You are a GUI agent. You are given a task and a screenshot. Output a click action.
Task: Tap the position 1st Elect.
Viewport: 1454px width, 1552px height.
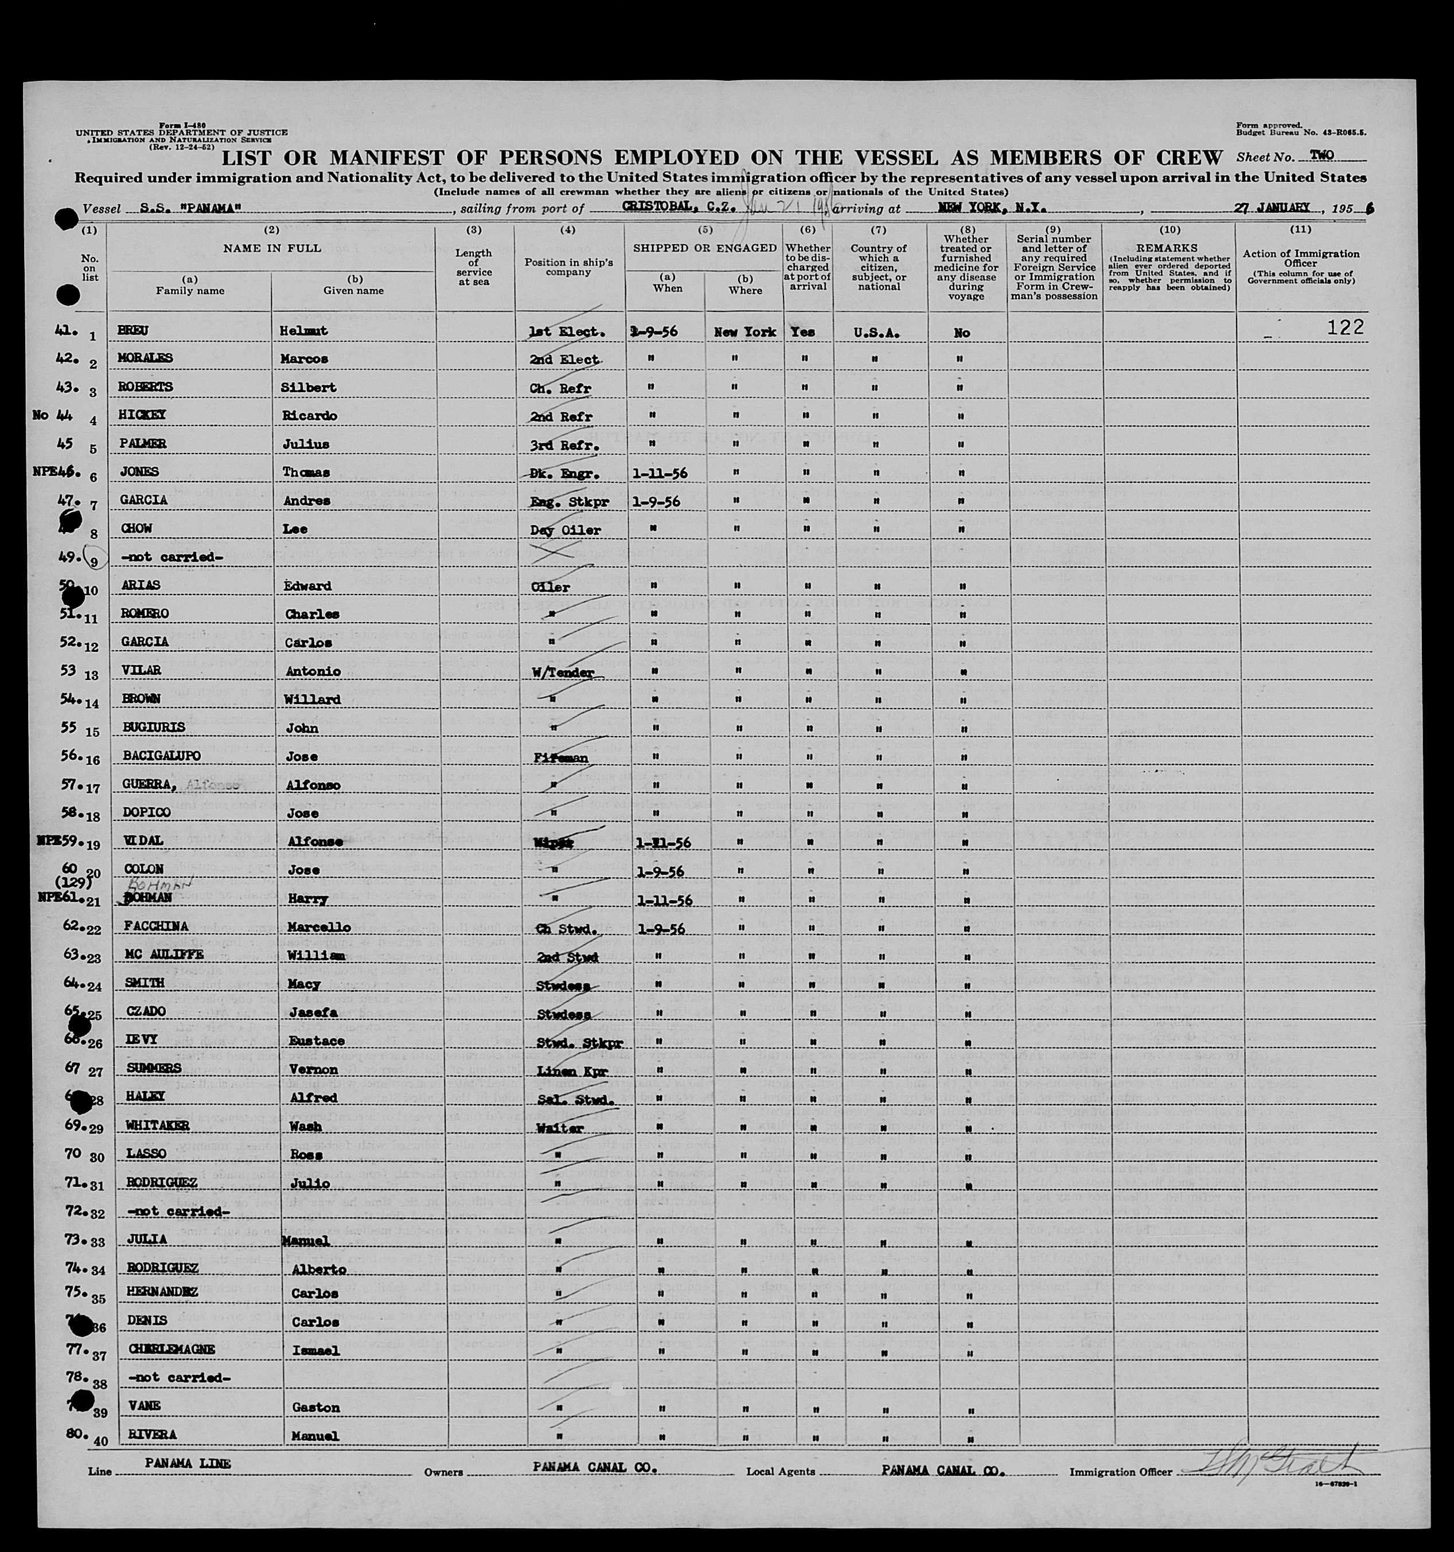point(566,332)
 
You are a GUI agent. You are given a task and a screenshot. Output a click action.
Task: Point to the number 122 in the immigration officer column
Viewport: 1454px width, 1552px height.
point(1346,328)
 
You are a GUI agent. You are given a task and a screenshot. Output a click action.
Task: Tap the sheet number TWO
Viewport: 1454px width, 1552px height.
point(1322,155)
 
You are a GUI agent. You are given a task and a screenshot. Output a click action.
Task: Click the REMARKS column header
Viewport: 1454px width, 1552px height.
point(1168,248)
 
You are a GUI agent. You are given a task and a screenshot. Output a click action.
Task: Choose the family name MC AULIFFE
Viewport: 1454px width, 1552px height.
point(165,956)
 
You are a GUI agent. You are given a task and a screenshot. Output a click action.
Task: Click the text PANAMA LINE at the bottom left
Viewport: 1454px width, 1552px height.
point(188,1463)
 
